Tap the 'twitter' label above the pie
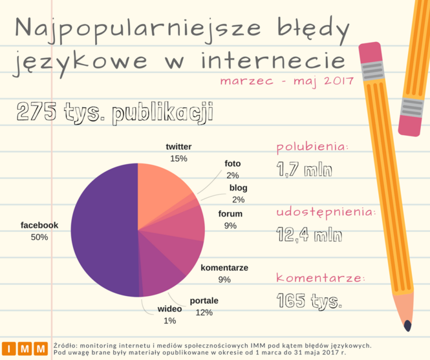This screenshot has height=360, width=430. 178,147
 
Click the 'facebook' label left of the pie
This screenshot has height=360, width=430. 39,225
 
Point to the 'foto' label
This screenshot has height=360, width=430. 233,164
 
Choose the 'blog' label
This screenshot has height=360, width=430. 238,188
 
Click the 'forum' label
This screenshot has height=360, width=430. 230,214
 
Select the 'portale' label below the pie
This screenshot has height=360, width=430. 204,301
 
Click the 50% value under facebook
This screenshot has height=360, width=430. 39,237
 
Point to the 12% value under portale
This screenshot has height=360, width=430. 204,313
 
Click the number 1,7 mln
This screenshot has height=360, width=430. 304,170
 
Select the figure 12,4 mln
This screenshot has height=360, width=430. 309,235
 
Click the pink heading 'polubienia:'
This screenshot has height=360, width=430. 312,147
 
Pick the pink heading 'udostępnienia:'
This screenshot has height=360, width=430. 325,212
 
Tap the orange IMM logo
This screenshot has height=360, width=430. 25,348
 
